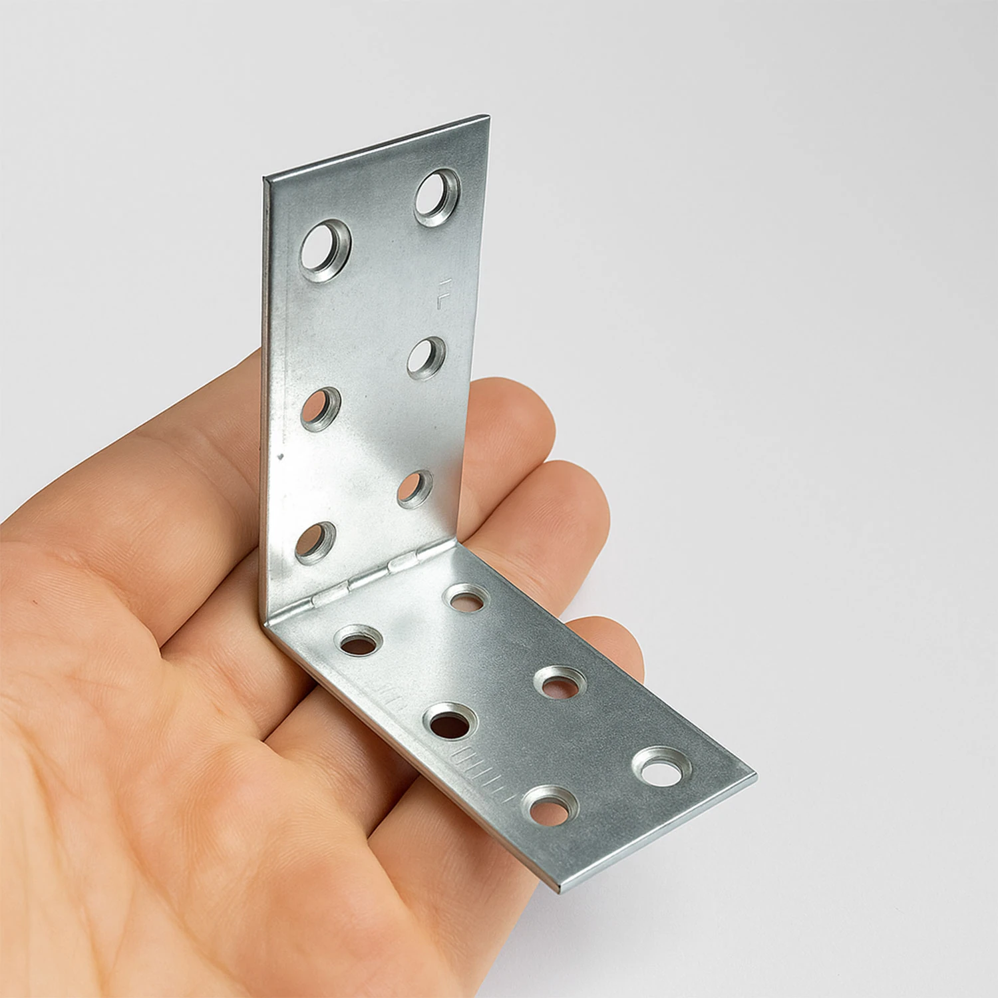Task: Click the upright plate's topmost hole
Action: pyautogui.click(x=438, y=197)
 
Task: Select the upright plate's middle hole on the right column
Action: pyautogui.click(x=426, y=358)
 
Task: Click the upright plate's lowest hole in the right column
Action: pyautogui.click(x=415, y=489)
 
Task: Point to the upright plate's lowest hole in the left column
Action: pyautogui.click(x=315, y=542)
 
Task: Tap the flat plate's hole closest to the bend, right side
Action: pyautogui.click(x=466, y=598)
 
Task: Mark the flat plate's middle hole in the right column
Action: pyautogui.click(x=560, y=683)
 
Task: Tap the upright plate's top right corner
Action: pyautogui.click(x=489, y=118)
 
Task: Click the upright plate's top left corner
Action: pyautogui.click(x=265, y=178)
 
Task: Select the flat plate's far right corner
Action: pyautogui.click(x=754, y=776)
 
